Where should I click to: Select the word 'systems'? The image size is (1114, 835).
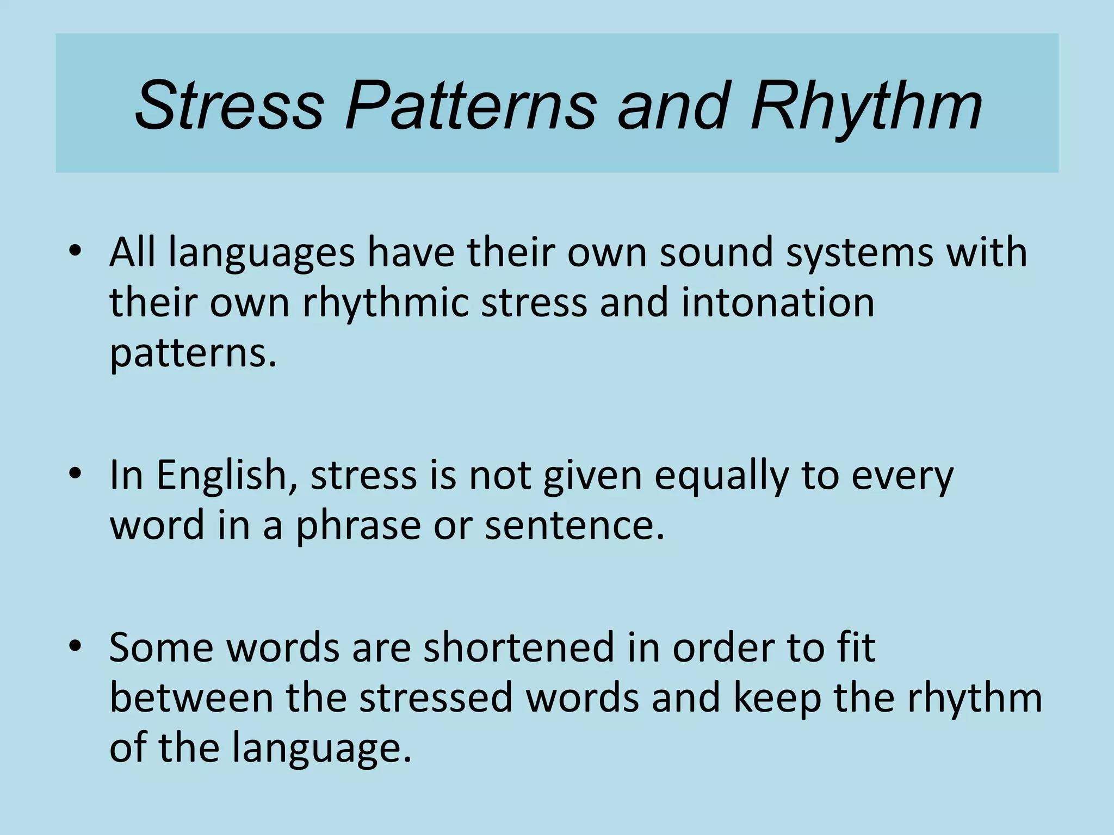860,253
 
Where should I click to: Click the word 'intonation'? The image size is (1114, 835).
778,303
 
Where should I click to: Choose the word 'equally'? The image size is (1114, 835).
721,476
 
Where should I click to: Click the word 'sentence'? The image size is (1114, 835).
573,526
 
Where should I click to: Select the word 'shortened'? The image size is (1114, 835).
519,648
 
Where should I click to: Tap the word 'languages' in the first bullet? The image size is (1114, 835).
262,253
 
